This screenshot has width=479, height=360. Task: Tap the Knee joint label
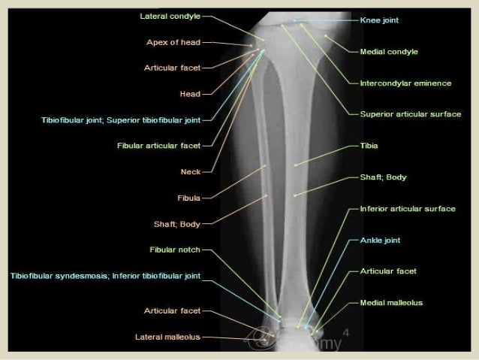pos(379,20)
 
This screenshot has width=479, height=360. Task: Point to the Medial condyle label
pos(389,52)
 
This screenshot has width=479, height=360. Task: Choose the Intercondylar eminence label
pos(405,83)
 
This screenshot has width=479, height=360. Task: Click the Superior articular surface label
pos(411,114)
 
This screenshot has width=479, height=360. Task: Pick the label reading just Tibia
pos(369,145)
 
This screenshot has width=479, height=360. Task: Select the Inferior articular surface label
pos(408,208)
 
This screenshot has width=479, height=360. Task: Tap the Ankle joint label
pos(380,241)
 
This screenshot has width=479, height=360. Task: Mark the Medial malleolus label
pos(391,303)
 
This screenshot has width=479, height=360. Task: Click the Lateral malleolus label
pos(167,337)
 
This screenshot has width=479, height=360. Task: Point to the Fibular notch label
pos(175,250)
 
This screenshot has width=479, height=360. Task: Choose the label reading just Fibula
pos(188,198)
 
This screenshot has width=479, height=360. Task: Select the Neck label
pos(190,171)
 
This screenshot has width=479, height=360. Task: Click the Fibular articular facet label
pos(158,145)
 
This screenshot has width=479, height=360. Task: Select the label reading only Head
pos(189,94)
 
